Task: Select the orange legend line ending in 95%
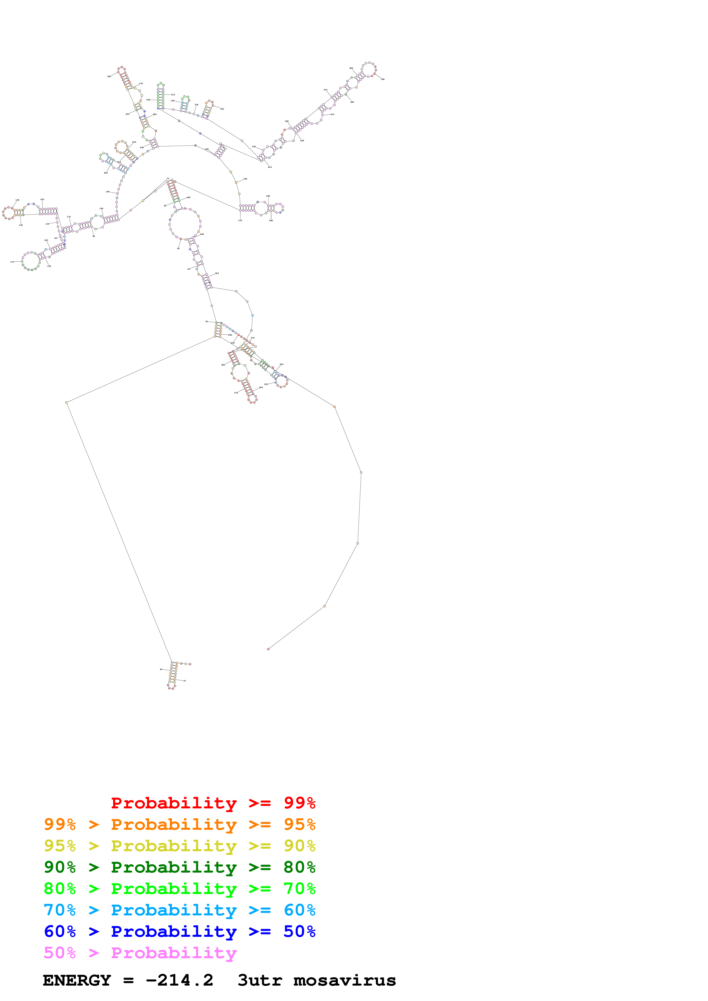[179, 824]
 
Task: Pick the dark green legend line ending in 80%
[179, 867]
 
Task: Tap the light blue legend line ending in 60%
[179, 910]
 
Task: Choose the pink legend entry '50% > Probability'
[140, 952]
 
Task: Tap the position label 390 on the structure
[383, 79]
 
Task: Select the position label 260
[109, 76]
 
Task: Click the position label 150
[17, 200]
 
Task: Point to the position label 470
[240, 221]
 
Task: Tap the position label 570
[236, 393]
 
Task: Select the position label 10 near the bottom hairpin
[184, 681]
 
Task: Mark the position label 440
[245, 179]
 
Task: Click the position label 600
[230, 335]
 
